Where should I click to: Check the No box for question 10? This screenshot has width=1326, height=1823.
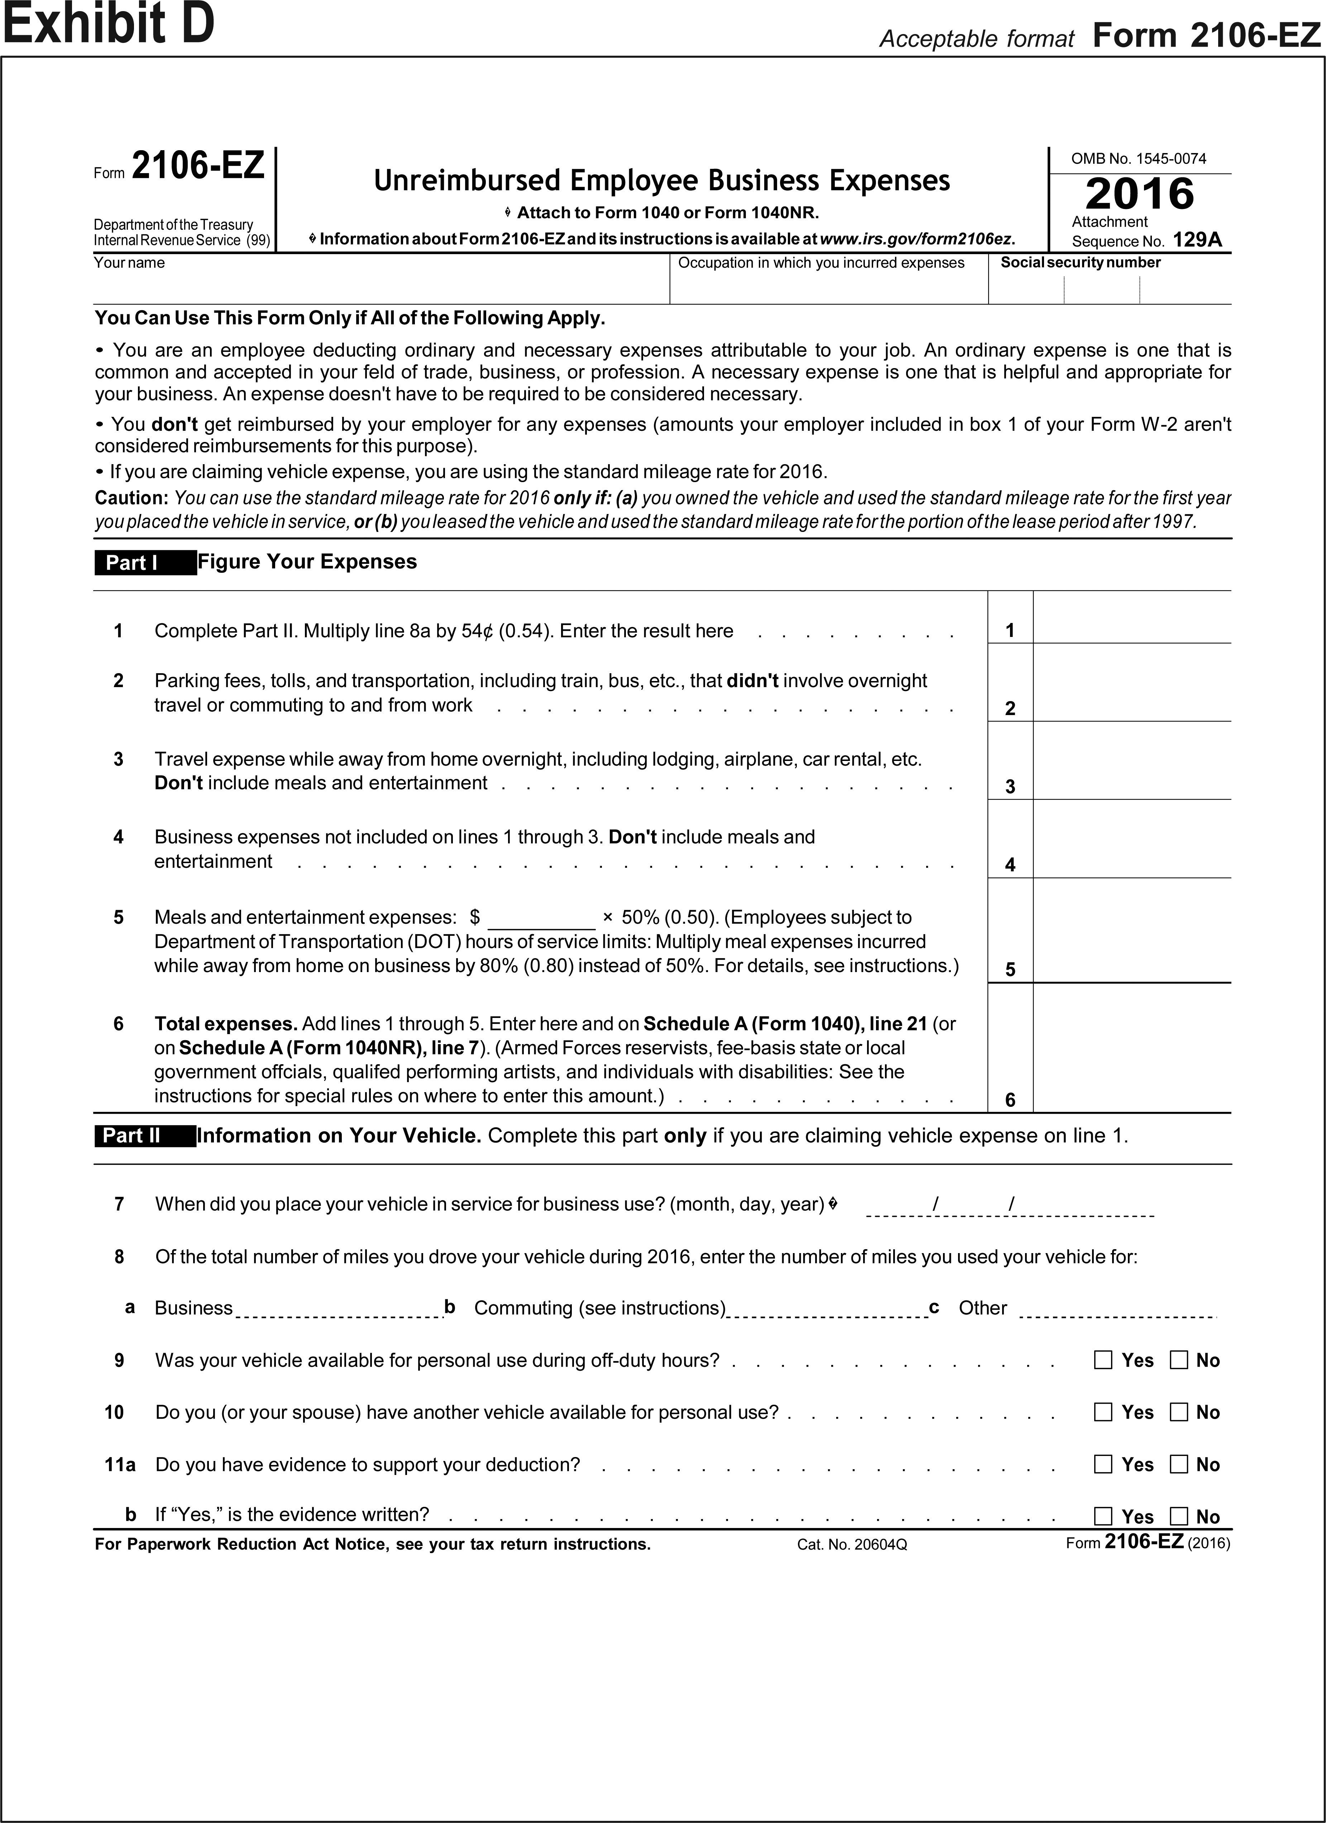(1179, 1412)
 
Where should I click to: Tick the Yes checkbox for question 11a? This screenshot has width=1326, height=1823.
(1104, 1465)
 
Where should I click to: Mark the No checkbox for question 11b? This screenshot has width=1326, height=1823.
(1179, 1517)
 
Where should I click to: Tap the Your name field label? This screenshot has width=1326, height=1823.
(129, 263)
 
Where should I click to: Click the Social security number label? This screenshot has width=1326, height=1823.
(1080, 263)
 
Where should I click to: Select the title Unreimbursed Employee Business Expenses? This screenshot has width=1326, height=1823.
(661, 181)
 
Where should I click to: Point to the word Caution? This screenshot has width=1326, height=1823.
(131, 498)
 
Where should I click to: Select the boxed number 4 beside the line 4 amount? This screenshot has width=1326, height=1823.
(1010, 865)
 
